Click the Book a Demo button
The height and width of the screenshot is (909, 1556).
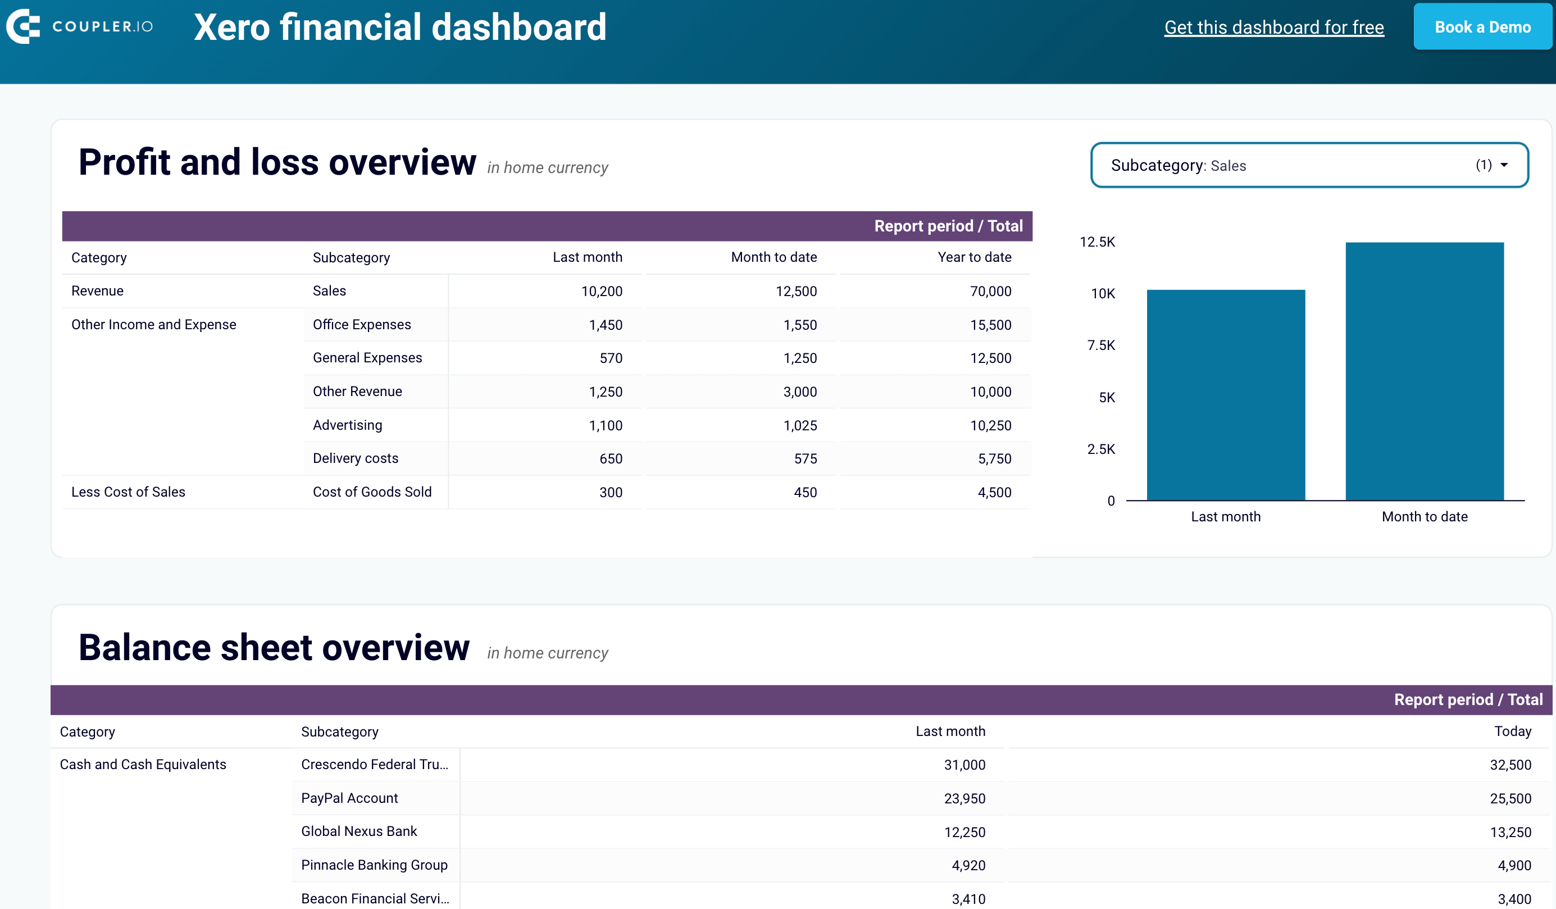[1482, 27]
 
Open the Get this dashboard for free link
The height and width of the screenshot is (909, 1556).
[1273, 27]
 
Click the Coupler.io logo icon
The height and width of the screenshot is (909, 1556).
[23, 26]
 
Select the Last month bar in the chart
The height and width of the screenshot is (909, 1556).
[1226, 395]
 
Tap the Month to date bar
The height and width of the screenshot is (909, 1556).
[1424, 371]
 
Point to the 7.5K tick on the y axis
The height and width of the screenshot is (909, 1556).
[1101, 345]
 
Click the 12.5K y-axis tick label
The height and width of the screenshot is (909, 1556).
[1097, 242]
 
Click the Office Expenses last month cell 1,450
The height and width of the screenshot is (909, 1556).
[605, 325]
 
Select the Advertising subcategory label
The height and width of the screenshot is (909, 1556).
[347, 425]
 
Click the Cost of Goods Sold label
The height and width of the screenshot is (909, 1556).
[372, 492]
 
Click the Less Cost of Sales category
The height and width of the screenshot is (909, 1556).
[128, 492]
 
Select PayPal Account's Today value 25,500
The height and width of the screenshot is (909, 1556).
[1510, 798]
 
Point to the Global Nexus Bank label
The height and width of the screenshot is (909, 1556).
[359, 831]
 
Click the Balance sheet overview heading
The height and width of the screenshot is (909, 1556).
[274, 647]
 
